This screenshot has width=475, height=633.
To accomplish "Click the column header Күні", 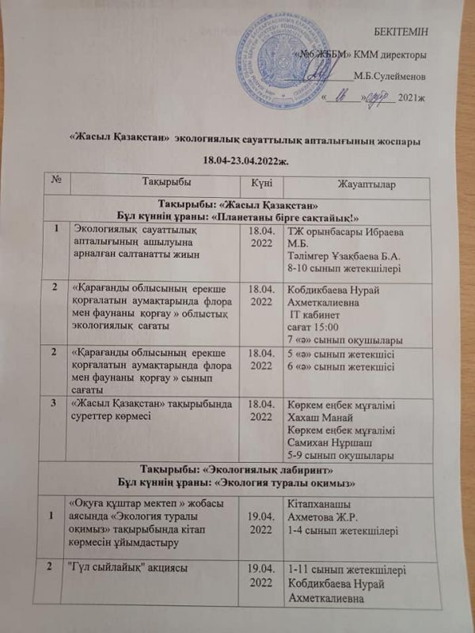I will [x=261, y=184].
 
